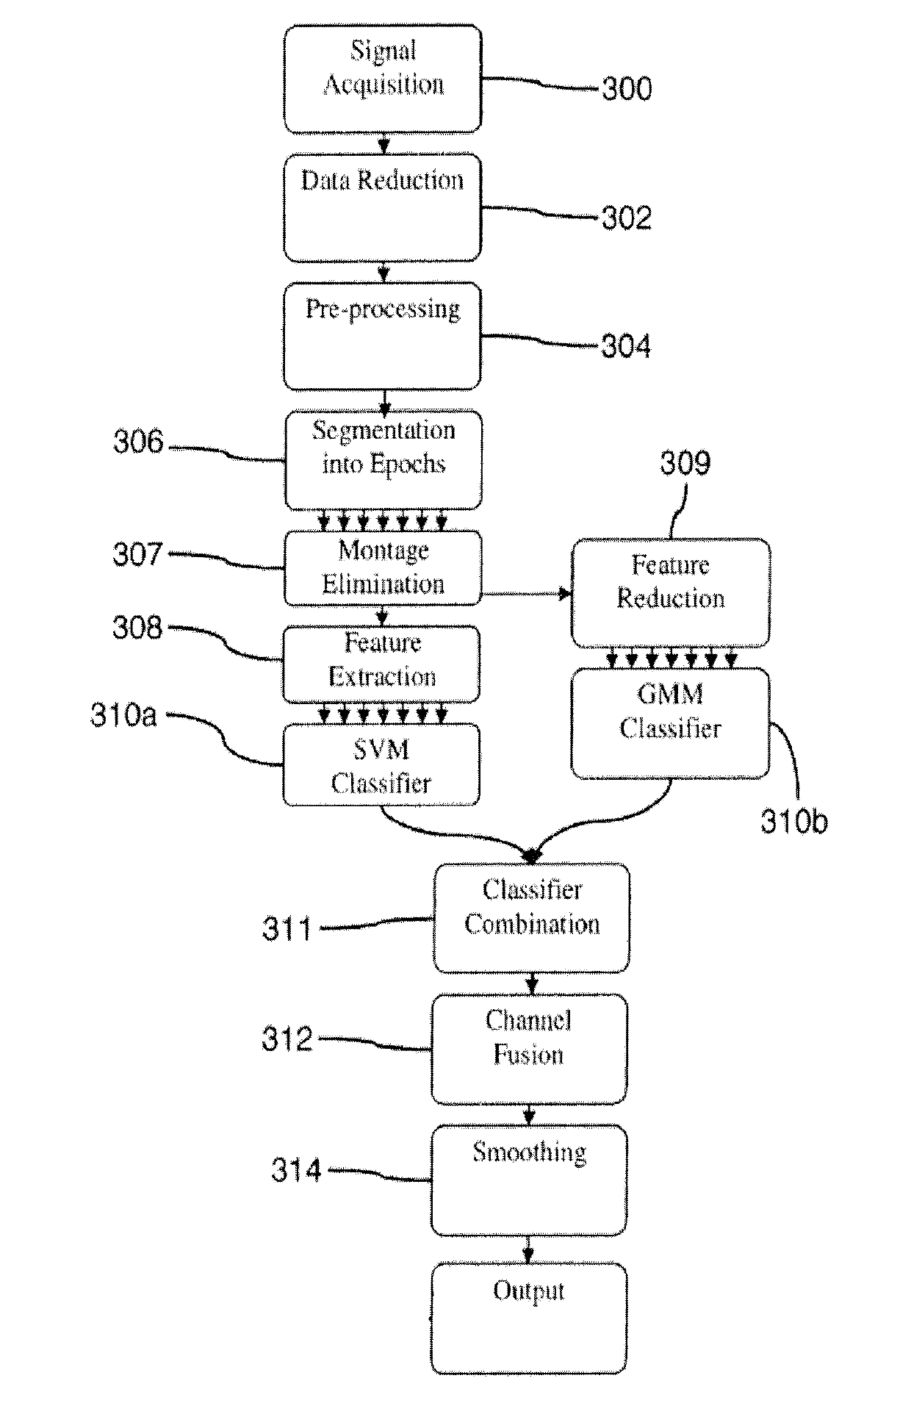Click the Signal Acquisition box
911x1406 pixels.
(383, 79)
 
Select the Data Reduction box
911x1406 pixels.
(383, 207)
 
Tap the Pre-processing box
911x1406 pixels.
(383, 336)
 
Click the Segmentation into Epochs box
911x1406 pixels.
(384, 460)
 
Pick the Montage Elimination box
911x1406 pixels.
(383, 568)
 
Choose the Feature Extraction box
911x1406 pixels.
(381, 664)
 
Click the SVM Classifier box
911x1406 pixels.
(381, 764)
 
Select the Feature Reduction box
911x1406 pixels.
(671, 592)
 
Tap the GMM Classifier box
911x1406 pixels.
(671, 723)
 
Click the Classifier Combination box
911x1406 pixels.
(531, 918)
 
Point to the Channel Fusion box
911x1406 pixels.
(529, 1050)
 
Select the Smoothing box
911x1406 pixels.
(529, 1180)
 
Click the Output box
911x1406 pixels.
(529, 1319)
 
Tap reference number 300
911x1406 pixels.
(627, 89)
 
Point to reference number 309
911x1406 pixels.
(685, 464)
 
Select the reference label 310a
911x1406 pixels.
(123, 715)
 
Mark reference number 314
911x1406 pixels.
(296, 1170)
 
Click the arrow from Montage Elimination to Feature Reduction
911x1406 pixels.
(526, 593)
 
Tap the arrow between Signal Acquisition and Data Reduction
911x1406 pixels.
(383, 143)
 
